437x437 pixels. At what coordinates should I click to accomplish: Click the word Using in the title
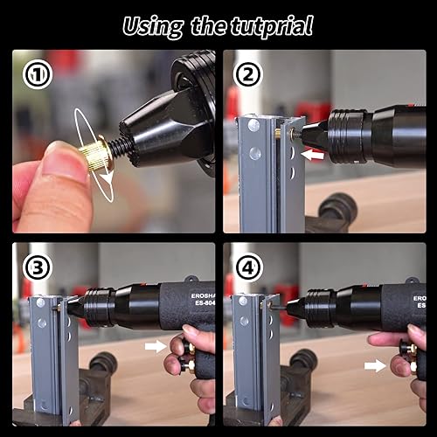(x=154, y=25)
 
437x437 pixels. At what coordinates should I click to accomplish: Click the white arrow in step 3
(x=156, y=347)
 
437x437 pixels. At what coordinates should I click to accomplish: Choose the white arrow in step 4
(x=375, y=365)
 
